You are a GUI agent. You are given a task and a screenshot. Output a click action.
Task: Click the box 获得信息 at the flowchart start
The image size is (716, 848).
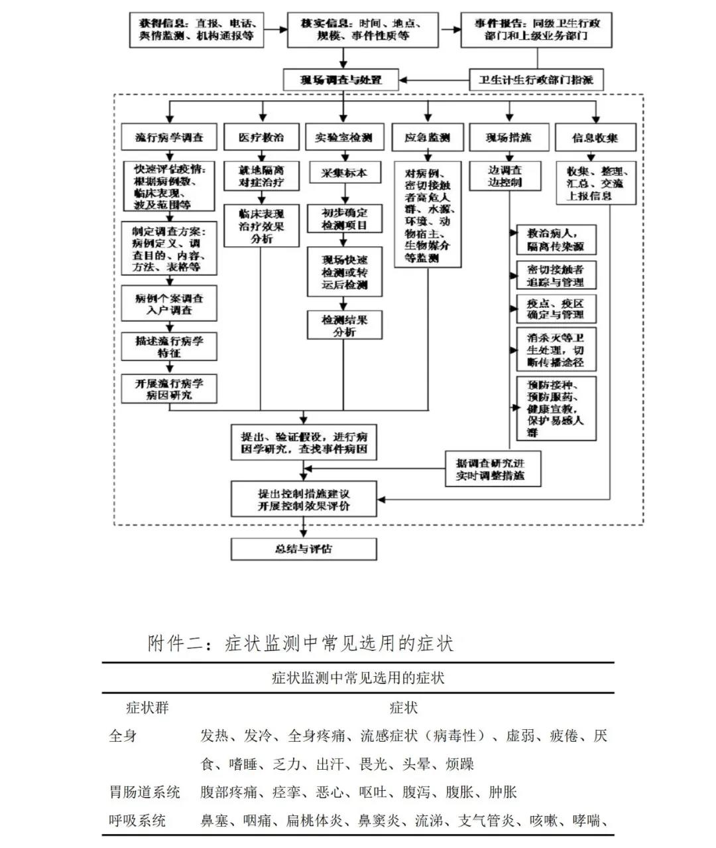tap(196, 30)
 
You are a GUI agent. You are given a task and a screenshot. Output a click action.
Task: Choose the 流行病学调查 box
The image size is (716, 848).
tap(169, 138)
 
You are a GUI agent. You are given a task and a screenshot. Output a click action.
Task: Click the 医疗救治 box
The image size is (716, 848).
tap(261, 138)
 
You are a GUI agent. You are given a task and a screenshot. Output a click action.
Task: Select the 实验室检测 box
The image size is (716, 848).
tap(343, 138)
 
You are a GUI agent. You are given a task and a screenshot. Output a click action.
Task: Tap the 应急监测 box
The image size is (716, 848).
tap(427, 138)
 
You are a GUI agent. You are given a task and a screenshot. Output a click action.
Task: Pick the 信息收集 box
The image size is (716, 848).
tap(595, 138)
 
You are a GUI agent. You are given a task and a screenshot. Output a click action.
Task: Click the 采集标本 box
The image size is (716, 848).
tap(343, 173)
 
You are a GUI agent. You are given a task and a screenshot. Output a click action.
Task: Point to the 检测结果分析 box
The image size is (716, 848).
tap(344, 325)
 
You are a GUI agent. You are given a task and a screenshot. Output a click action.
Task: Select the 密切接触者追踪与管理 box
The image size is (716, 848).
tap(556, 275)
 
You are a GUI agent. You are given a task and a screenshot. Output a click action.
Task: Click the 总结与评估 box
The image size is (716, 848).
tap(304, 549)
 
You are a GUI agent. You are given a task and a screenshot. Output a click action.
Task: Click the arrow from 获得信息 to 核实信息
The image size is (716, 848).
tap(275, 29)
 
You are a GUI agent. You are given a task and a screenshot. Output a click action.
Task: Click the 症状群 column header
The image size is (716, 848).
tap(147, 708)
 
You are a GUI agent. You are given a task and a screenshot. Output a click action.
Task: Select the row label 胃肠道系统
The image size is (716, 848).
tap(145, 792)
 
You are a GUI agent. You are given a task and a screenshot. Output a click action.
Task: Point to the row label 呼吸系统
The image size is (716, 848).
tap(137, 821)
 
